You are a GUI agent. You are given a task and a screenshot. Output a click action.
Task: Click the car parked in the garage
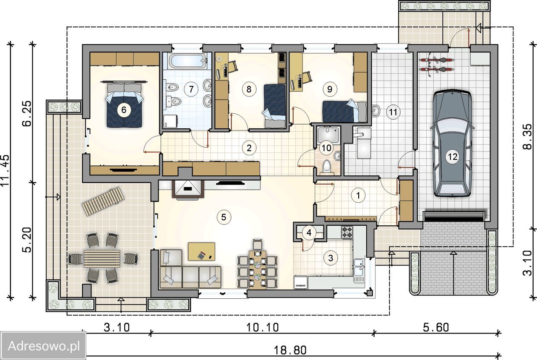pyautogui.click(x=452, y=143)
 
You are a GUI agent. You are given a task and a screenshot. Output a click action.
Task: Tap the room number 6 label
pyautogui.click(x=124, y=110)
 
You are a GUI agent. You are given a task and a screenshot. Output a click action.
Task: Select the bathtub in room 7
pyautogui.click(x=188, y=61)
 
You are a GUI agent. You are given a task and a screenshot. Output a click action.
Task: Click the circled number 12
pyautogui.click(x=452, y=157)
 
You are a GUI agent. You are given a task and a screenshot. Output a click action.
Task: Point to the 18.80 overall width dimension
pyautogui.click(x=290, y=350)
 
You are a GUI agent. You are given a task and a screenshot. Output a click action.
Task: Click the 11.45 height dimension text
pyautogui.click(x=5, y=170)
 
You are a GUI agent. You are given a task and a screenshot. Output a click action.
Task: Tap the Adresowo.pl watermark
pyautogui.click(x=44, y=346)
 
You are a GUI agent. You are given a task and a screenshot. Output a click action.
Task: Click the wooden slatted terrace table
pyautogui.click(x=102, y=259)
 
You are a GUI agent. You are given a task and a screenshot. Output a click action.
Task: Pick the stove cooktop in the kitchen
pyautogui.click(x=347, y=232)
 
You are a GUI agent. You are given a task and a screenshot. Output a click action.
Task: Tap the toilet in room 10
pyautogui.click(x=326, y=167)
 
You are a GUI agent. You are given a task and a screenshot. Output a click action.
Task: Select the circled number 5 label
pyautogui.click(x=224, y=217)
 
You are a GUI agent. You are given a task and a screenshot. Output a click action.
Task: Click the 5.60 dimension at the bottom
pyautogui.click(x=436, y=327)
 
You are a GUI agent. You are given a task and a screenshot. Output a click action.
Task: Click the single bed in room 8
pyautogui.click(x=275, y=106)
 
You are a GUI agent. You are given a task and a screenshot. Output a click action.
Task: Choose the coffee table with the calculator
pyautogui.click(x=202, y=251)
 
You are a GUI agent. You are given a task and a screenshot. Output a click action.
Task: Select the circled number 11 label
pyautogui.click(x=393, y=112)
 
